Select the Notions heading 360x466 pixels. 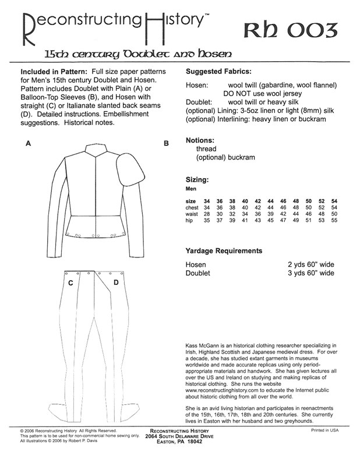pos(201,141)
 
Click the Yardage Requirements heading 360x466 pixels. pos(224,251)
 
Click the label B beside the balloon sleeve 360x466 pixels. pos(166,143)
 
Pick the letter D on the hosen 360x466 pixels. pos(116,283)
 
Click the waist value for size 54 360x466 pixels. pos(334,215)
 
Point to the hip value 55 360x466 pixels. pos(334,222)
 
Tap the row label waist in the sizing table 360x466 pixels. pos(193,215)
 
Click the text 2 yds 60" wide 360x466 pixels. pos(311,264)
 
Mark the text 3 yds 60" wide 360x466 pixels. pos(311,273)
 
